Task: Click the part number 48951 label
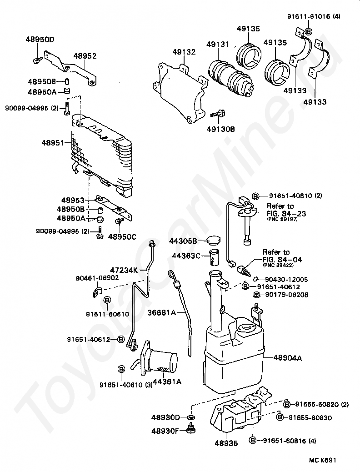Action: pos(53,143)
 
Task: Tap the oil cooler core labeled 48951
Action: pos(102,154)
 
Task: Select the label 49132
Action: pos(184,52)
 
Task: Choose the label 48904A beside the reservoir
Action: pos(288,358)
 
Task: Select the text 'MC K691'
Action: pos(322,460)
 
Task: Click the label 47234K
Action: pos(124,270)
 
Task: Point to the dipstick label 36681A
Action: pos(162,313)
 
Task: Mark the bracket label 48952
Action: pos(85,56)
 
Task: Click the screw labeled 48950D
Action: pos(37,60)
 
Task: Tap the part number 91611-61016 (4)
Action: pos(314,16)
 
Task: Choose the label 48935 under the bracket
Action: pos(226,443)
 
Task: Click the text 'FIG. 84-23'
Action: pos(286,214)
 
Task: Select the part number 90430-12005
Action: pos(286,279)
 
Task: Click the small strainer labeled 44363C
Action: pos(214,257)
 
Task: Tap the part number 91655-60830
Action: pos(310,418)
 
